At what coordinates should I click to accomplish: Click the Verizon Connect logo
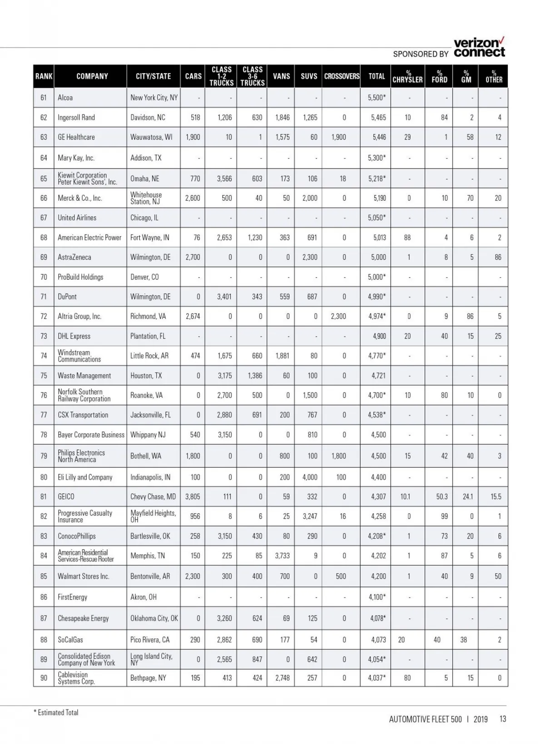tap(479, 48)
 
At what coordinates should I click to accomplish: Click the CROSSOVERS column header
tap(342, 76)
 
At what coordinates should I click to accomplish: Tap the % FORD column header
tap(439, 76)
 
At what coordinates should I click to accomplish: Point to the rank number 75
tap(44, 376)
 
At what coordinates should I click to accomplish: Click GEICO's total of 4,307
tap(378, 496)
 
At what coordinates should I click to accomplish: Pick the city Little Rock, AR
tap(149, 356)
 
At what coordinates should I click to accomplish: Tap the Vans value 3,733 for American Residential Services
tap(282, 556)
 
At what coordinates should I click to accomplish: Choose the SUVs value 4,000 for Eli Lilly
tap(310, 477)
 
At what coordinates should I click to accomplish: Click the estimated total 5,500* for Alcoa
tap(377, 98)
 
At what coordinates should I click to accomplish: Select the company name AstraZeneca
tap(74, 257)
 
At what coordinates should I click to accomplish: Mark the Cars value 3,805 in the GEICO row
tap(193, 496)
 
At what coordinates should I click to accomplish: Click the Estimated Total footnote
tap(56, 712)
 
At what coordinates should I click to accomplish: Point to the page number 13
tap(502, 719)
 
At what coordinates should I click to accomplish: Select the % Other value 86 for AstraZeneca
tap(498, 257)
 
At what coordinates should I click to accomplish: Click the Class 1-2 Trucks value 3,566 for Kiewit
tap(224, 179)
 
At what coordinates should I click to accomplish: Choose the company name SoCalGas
tap(70, 640)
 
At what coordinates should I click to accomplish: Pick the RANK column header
tap(44, 76)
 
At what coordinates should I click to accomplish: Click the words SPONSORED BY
tap(421, 54)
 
